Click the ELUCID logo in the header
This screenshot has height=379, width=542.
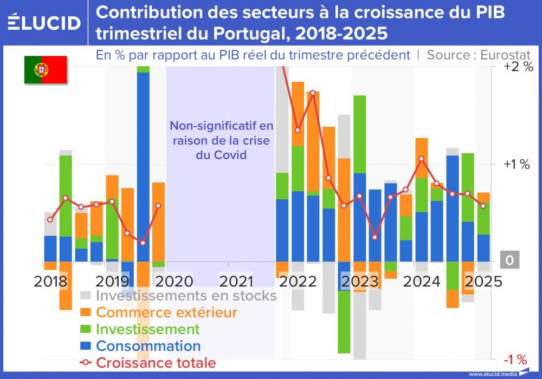click(x=44, y=22)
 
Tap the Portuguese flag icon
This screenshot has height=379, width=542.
click(x=45, y=69)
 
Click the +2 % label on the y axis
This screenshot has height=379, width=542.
click(x=519, y=67)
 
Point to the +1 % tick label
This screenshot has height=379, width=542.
click(x=516, y=165)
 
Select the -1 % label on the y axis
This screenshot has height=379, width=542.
click(x=515, y=360)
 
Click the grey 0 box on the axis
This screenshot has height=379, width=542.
click(x=509, y=260)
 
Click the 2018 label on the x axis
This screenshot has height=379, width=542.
click(x=50, y=282)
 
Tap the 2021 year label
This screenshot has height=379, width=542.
click(x=236, y=282)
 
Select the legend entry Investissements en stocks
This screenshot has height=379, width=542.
click(x=186, y=296)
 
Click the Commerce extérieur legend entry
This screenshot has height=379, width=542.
click(x=166, y=312)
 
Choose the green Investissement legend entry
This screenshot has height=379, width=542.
click(x=147, y=329)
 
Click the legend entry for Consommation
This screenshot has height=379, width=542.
click(x=148, y=346)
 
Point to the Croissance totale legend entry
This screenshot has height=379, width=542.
click(x=156, y=363)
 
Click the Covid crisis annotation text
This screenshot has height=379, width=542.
click(x=221, y=140)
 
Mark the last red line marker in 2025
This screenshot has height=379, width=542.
click(x=483, y=206)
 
